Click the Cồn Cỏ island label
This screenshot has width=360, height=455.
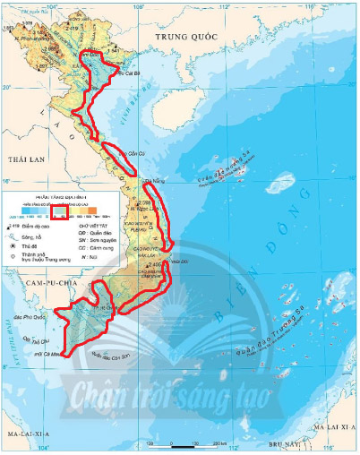tap(135, 153)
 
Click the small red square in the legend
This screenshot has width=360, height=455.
tap(59, 211)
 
